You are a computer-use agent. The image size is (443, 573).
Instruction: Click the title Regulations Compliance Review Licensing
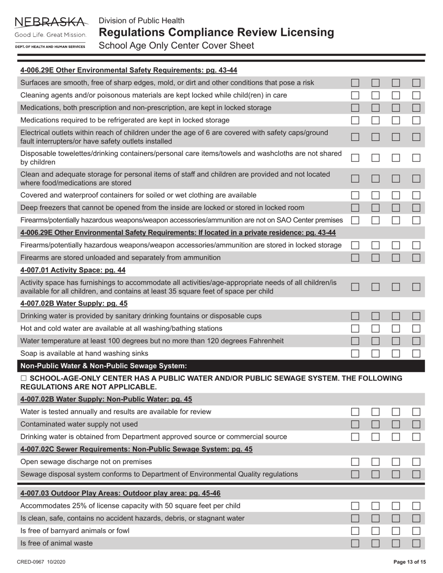click(216, 33)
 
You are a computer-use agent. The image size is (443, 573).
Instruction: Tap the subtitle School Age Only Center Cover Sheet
click(176, 46)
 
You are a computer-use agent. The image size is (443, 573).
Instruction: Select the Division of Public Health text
click(141, 20)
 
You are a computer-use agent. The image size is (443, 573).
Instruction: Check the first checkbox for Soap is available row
click(355, 354)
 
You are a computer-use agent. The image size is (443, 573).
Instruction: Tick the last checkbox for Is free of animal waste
click(416, 543)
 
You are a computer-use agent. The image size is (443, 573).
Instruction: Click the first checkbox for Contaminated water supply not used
click(355, 424)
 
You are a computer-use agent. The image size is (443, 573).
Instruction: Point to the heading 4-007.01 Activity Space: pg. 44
click(73, 270)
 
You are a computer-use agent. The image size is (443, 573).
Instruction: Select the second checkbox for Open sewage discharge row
click(376, 462)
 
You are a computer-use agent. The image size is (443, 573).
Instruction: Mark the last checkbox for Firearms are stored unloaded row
click(416, 258)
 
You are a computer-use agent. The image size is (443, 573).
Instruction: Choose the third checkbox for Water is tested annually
click(396, 412)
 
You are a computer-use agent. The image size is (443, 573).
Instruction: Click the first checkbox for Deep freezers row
click(355, 207)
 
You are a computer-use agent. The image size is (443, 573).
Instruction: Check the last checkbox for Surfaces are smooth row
click(416, 83)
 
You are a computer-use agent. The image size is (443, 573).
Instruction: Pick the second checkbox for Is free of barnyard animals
click(376, 531)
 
